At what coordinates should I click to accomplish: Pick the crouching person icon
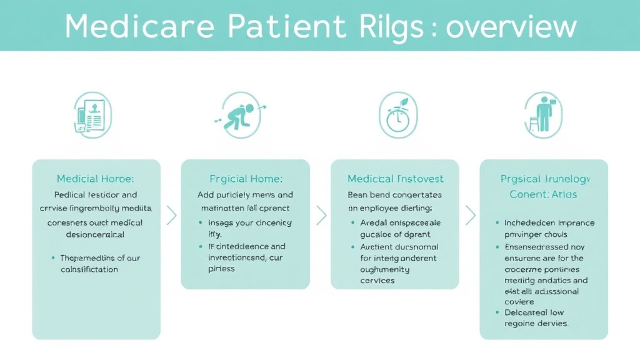coord(241,114)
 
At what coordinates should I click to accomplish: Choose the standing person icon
coord(542,114)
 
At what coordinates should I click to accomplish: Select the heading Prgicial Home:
coord(245,179)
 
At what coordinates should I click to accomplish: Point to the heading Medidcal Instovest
coord(394,179)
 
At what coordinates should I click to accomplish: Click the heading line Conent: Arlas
coord(543,194)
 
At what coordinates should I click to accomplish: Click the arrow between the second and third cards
coord(321,216)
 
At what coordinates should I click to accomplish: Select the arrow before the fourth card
coord(471,216)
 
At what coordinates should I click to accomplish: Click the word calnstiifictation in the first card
coord(89,269)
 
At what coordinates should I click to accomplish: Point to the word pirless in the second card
coord(221,268)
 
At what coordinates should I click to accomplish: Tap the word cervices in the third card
coord(377,281)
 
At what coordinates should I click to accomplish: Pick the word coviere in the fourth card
coord(520,302)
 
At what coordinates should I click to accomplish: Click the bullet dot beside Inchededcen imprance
coord(497,223)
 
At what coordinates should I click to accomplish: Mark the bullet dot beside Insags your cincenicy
coord(201,223)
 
